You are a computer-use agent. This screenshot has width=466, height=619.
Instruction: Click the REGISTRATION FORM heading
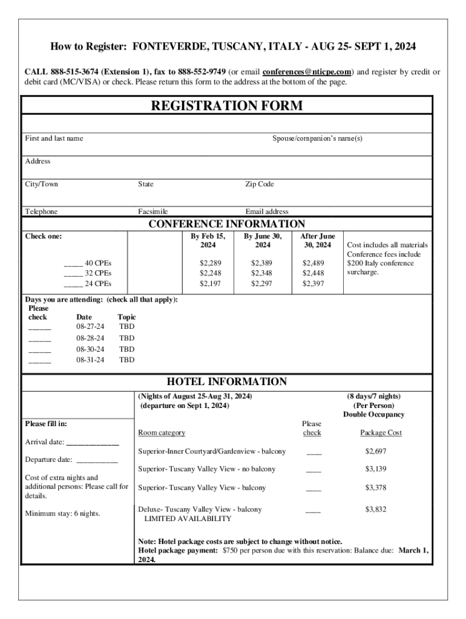[227, 106]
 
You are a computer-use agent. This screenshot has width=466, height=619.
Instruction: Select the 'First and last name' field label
[54, 138]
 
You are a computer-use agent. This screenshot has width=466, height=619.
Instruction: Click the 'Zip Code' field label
[260, 184]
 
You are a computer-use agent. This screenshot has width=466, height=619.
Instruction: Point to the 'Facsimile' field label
[153, 212]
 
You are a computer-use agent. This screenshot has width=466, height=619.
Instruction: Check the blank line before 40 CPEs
[73, 264]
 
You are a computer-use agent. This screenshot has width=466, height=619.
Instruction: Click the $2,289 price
[211, 263]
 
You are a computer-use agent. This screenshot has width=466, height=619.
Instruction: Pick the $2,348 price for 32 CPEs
[262, 273]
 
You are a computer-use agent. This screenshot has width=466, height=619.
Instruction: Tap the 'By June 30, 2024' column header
[263, 241]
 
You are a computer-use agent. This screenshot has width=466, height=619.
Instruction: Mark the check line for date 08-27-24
[40, 329]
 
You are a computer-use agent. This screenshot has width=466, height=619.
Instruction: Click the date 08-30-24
[90, 349]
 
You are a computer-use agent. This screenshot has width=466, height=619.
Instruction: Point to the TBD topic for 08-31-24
[127, 360]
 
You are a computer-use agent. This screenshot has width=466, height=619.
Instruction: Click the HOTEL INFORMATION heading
[227, 382]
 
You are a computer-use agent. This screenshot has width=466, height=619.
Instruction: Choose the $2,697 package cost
[375, 452]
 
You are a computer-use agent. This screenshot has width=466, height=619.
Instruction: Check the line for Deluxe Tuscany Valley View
[313, 512]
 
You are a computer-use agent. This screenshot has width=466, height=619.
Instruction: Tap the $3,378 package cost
[375, 487]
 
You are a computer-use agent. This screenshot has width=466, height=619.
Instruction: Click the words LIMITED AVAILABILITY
[188, 519]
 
